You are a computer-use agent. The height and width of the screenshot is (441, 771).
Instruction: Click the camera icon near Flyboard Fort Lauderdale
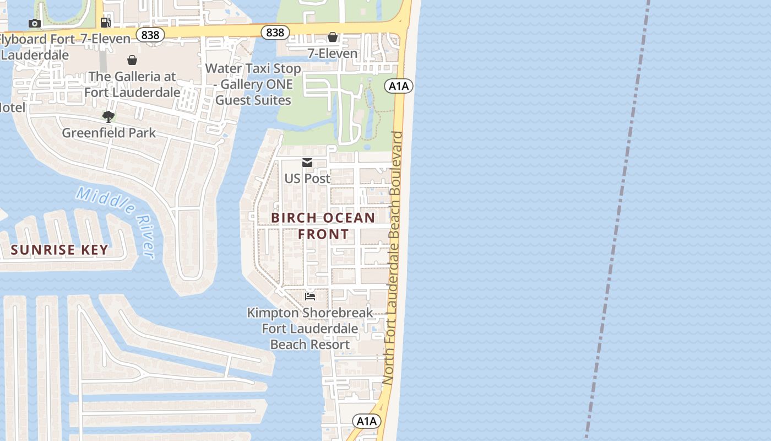(35, 23)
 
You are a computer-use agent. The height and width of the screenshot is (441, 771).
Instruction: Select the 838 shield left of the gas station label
(150, 35)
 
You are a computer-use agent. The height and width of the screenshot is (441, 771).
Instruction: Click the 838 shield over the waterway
(275, 33)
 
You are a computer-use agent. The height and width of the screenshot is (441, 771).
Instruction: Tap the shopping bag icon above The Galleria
(132, 60)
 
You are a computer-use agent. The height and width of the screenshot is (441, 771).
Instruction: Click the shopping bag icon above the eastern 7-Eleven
(333, 37)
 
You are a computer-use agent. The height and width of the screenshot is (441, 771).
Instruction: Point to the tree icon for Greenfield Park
(108, 116)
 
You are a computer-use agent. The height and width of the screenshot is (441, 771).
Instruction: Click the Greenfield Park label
(108, 133)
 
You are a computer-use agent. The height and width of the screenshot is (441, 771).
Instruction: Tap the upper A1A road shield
(399, 85)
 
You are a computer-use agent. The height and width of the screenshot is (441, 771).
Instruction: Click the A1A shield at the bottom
(366, 421)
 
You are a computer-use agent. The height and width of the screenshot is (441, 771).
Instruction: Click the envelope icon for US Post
(307, 163)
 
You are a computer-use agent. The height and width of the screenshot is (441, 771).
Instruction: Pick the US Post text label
(307, 179)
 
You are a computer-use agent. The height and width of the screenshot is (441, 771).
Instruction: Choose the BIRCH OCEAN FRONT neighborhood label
(323, 225)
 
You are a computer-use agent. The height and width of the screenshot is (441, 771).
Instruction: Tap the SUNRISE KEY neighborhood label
(59, 250)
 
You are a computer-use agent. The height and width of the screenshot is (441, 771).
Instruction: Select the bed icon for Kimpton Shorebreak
(310, 296)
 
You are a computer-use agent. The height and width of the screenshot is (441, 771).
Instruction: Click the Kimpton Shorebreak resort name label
(310, 329)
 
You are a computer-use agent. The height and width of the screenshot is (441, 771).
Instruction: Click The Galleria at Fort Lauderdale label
(132, 84)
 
